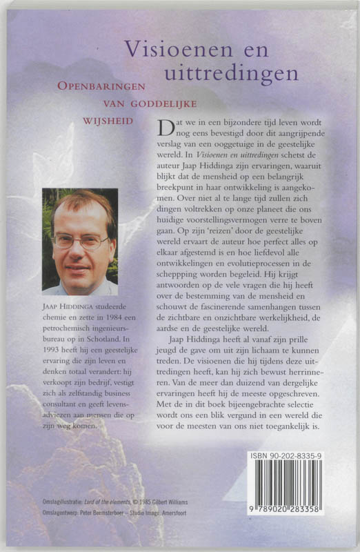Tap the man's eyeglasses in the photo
point(81,241)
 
